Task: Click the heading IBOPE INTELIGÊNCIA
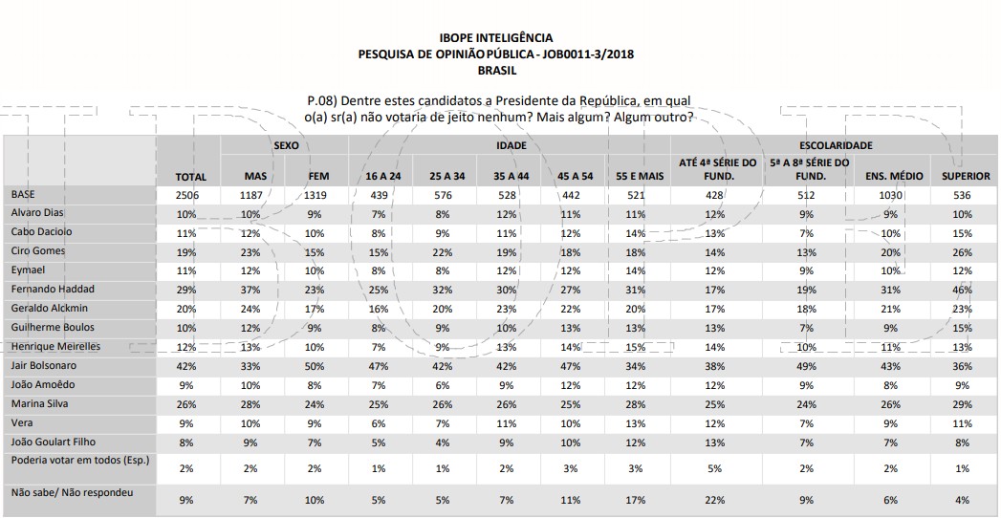pyautogui.click(x=495, y=37)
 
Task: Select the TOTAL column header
pyautogui.click(x=191, y=177)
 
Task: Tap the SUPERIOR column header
pyautogui.click(x=962, y=177)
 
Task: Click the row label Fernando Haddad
pyautogui.click(x=53, y=288)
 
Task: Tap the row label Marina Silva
pyautogui.click(x=39, y=403)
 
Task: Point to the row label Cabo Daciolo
pyautogui.click(x=41, y=230)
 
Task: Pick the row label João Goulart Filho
pyautogui.click(x=54, y=442)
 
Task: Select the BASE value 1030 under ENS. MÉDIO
pyautogui.click(x=889, y=195)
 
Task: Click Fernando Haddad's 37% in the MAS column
pyautogui.click(x=251, y=289)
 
